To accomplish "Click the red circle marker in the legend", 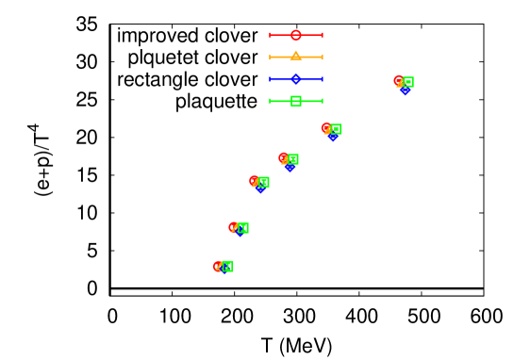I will (x=296, y=35).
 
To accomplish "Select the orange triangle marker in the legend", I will (x=296, y=57).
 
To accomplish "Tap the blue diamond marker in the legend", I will (x=296, y=79).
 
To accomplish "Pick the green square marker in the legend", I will (x=296, y=101).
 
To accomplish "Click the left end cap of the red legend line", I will (x=271, y=35).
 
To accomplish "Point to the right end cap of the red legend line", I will (x=323, y=35).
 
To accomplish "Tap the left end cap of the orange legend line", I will (x=271, y=57).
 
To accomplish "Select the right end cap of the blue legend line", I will (x=323, y=79).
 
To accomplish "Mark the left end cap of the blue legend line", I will (x=271, y=79).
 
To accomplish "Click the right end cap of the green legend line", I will (x=323, y=101).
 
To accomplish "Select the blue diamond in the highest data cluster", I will (x=406, y=90).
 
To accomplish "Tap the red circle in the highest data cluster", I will (x=398, y=80).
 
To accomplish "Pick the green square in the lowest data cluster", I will (x=227, y=266).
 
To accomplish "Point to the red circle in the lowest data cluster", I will (x=218, y=266).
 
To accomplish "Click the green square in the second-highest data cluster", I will (x=336, y=129).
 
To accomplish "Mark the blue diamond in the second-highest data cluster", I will (x=333, y=138).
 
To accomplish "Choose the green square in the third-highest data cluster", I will (x=293, y=159).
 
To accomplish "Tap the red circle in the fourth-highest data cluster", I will (x=254, y=180).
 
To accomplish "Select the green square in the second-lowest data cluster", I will (x=243, y=228).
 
